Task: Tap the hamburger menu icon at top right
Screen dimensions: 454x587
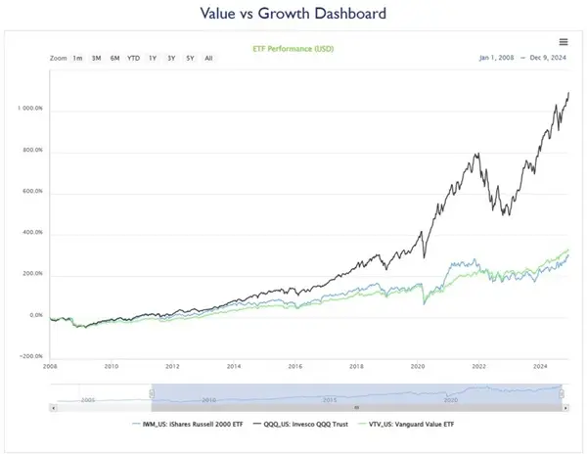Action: [564, 41]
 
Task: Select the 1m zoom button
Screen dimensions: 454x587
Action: [77, 58]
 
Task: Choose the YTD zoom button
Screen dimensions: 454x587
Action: [133, 58]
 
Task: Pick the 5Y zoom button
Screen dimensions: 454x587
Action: [190, 58]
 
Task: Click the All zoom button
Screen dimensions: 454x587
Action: [208, 58]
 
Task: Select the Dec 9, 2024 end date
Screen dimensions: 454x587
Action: [547, 58]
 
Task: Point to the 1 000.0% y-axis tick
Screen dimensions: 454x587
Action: [29, 109]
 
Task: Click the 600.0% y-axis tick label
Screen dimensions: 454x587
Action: [31, 192]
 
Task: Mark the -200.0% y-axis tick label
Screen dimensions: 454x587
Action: [31, 357]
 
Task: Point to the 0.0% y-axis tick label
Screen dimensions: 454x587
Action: [35, 316]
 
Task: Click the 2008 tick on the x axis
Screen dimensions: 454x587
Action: [50, 367]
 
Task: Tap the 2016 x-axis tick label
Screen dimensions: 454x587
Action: [294, 367]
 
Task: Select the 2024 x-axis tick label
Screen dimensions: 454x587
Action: [539, 367]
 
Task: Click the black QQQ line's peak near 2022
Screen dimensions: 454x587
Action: [476, 154]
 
